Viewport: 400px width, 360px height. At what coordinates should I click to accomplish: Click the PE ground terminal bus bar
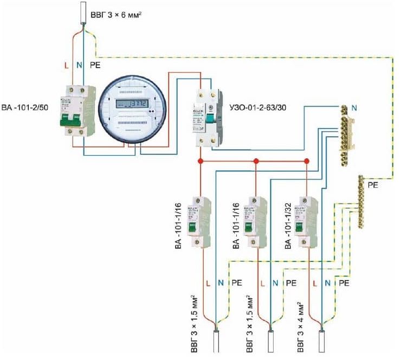(x=361, y=201)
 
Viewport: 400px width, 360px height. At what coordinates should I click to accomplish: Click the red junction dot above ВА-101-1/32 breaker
(x=307, y=161)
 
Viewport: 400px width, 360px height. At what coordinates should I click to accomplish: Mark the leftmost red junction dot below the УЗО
(x=201, y=161)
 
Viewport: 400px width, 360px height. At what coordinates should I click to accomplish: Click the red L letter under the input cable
(x=67, y=65)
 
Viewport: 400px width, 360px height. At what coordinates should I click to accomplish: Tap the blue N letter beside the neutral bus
(x=353, y=108)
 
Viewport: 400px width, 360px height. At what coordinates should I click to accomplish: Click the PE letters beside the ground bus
(x=373, y=185)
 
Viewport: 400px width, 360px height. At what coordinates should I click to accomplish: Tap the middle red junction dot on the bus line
(x=255, y=161)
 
